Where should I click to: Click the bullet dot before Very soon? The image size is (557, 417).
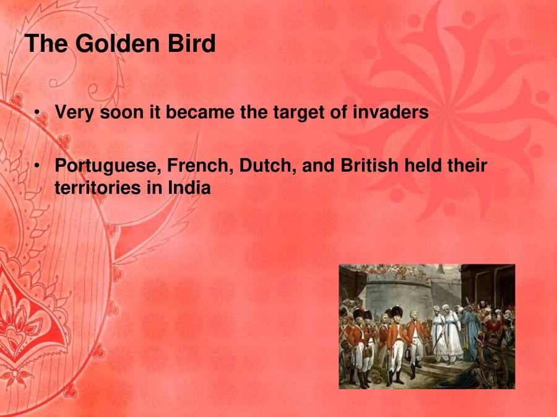click(x=38, y=113)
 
